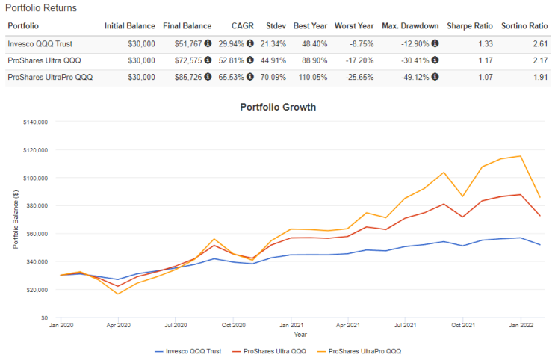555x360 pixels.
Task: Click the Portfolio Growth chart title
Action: [x=278, y=107]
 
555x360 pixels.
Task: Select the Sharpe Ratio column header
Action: [x=470, y=26]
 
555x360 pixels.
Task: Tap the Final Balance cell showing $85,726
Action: [x=188, y=77]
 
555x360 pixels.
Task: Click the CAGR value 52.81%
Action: [x=231, y=60]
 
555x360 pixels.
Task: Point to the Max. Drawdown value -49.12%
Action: [x=415, y=77]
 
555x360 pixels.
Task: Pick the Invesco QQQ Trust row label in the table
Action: [x=40, y=44]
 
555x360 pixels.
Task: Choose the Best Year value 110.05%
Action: [x=313, y=77]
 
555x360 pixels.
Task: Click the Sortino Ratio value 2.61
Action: [x=541, y=44]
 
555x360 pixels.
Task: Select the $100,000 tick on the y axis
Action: [x=35, y=178]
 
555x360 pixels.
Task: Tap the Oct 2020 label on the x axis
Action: [x=234, y=325]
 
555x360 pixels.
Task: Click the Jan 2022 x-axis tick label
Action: [x=521, y=325]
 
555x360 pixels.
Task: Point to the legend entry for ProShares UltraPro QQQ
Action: [x=359, y=351]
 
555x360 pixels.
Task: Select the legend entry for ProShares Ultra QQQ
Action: [x=269, y=351]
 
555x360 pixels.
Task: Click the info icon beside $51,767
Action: [x=208, y=43]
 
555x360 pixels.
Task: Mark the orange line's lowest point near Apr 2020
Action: [x=118, y=294]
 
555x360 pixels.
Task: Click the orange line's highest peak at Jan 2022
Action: [x=521, y=156]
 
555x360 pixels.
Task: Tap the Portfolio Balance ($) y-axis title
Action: [x=16, y=220]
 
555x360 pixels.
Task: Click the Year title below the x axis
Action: [x=300, y=335]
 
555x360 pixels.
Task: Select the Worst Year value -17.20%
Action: [x=359, y=60]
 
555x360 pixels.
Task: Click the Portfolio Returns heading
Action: [x=40, y=8]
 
